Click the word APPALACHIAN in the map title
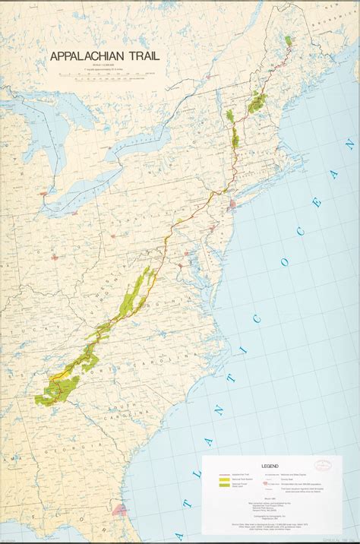click(x=88, y=55)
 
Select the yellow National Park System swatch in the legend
click(x=225, y=479)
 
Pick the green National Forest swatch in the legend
click(x=225, y=485)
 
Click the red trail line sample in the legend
click(x=225, y=473)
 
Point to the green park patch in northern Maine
click(x=289, y=41)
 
